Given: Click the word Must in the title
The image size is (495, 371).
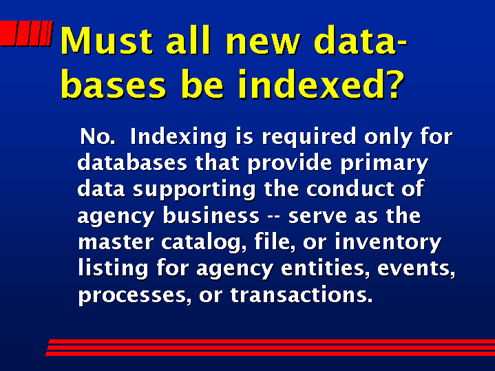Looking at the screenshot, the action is (x=107, y=40).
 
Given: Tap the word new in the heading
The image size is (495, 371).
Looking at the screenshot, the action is (x=263, y=43).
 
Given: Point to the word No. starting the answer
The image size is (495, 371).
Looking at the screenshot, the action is (x=98, y=136).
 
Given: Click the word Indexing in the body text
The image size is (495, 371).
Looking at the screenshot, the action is (x=178, y=137).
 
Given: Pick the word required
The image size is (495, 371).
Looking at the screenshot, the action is (x=309, y=137).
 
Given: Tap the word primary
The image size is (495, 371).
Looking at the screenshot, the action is (x=384, y=164).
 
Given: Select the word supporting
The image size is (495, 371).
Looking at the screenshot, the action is (x=194, y=190).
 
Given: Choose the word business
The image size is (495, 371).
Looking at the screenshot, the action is (x=211, y=215).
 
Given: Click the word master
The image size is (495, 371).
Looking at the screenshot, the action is (x=116, y=242).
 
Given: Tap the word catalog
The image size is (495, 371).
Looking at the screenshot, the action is (x=203, y=243).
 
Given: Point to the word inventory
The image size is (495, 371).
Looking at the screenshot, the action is (x=388, y=243).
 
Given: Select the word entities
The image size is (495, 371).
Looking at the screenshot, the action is (x=325, y=268).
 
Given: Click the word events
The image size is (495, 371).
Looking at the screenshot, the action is (x=416, y=268).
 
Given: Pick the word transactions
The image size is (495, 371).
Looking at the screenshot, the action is (x=302, y=295).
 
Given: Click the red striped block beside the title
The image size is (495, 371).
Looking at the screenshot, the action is (x=26, y=33).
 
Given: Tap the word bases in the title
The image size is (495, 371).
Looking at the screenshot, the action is (x=113, y=84).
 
